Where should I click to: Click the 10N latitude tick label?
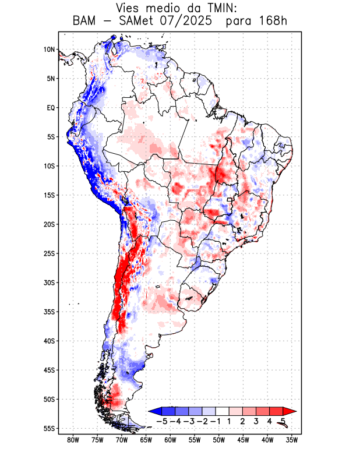[49, 50]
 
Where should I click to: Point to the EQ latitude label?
[50, 108]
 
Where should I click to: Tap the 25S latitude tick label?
[48, 253]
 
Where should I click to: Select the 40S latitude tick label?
[48, 341]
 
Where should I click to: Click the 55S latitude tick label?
[48, 428]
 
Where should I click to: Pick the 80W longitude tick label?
[73, 440]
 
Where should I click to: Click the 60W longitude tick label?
[170, 440]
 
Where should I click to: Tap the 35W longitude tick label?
[292, 440]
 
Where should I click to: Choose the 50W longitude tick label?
[218, 440]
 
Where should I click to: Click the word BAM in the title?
[86, 22]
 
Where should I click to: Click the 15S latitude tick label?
[48, 195]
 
